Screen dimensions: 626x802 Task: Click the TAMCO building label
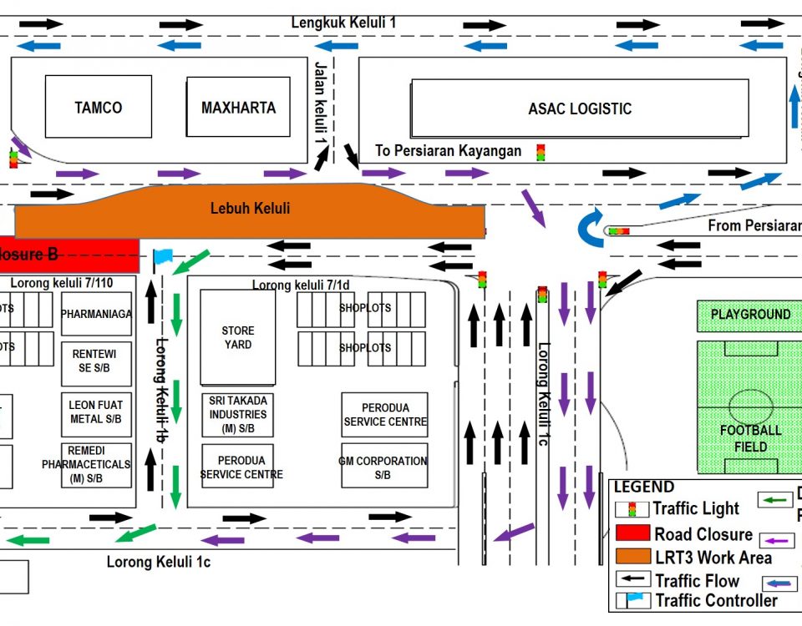coord(98,108)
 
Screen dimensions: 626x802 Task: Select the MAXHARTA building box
coord(238,108)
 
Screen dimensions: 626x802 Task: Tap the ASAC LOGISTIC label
coord(580,109)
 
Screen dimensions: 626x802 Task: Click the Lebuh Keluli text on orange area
coord(250,208)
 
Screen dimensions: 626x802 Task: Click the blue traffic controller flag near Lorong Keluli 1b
coord(162,256)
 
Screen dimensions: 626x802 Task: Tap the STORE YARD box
coord(237,337)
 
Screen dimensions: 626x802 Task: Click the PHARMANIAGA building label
coord(96,315)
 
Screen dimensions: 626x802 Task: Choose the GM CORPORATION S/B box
coord(384,467)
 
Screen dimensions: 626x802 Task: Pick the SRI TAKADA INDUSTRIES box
coord(238,415)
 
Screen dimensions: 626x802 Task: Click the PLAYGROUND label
coord(750,315)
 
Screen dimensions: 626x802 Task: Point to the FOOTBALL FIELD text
coord(750,438)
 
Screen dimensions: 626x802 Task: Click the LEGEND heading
coord(644,487)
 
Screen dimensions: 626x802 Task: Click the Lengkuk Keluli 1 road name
coord(343,23)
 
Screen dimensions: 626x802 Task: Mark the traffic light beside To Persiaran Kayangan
coord(541,153)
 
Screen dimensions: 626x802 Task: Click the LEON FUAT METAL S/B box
coord(96,412)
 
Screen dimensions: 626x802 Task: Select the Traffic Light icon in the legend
coord(632,509)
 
